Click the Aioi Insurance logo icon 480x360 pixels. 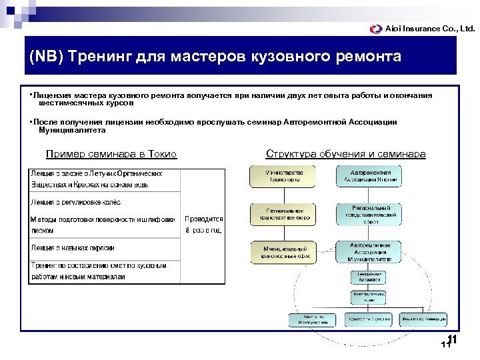pyautogui.click(x=377, y=29)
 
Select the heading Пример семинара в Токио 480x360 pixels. pyautogui.click(x=111, y=154)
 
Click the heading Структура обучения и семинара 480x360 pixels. pyautogui.click(x=345, y=154)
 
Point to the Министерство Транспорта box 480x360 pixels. pyautogui.click(x=277, y=176)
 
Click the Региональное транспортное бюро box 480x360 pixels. pyautogui.click(x=277, y=213)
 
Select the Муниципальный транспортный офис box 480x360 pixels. pyautogui.click(x=277, y=251)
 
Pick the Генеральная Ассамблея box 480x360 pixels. pyautogui.click(x=369, y=277)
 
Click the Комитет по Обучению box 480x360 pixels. pyautogui.click(x=369, y=320)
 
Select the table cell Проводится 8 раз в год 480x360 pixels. pyautogui.click(x=203, y=224)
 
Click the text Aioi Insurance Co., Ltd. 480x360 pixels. pyautogui.click(x=431, y=29)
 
